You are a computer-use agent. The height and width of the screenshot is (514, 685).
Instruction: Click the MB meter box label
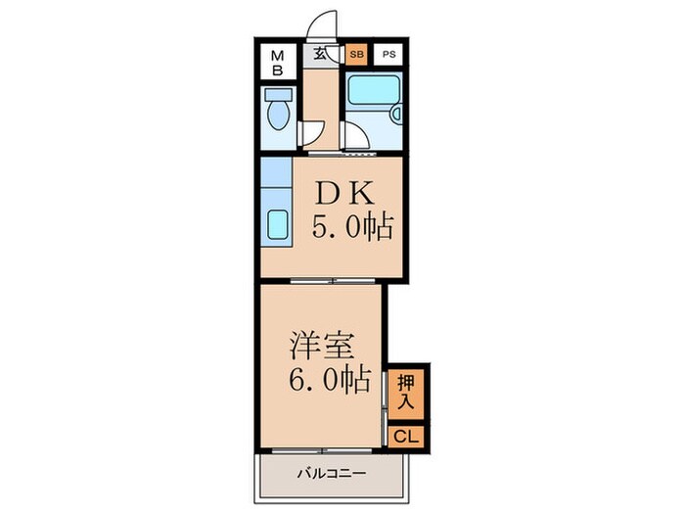(x=277, y=62)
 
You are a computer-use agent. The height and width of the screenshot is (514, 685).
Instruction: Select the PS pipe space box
(x=389, y=55)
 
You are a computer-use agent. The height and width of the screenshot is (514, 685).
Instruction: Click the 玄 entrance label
(x=320, y=55)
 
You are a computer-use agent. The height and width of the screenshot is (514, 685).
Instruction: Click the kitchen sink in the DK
(x=276, y=227)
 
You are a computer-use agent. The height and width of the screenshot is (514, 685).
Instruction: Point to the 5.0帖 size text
(x=351, y=229)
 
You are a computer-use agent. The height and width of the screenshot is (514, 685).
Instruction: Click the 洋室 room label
(x=321, y=347)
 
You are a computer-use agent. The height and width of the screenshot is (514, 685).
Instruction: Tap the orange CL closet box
(x=405, y=437)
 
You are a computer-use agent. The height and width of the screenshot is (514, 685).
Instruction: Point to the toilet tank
(x=278, y=98)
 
